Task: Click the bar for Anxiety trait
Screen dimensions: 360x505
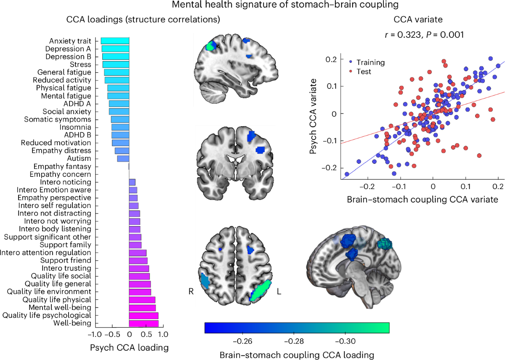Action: [x=114, y=41]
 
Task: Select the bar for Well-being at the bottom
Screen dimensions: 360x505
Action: [x=144, y=323]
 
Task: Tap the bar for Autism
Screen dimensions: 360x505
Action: [x=123, y=159]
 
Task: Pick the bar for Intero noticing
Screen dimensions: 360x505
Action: [x=132, y=182]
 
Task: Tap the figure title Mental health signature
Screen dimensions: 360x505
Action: [x=252, y=6]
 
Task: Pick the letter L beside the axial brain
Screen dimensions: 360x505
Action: [x=278, y=291]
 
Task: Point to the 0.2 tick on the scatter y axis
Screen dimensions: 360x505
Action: [x=333, y=59]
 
